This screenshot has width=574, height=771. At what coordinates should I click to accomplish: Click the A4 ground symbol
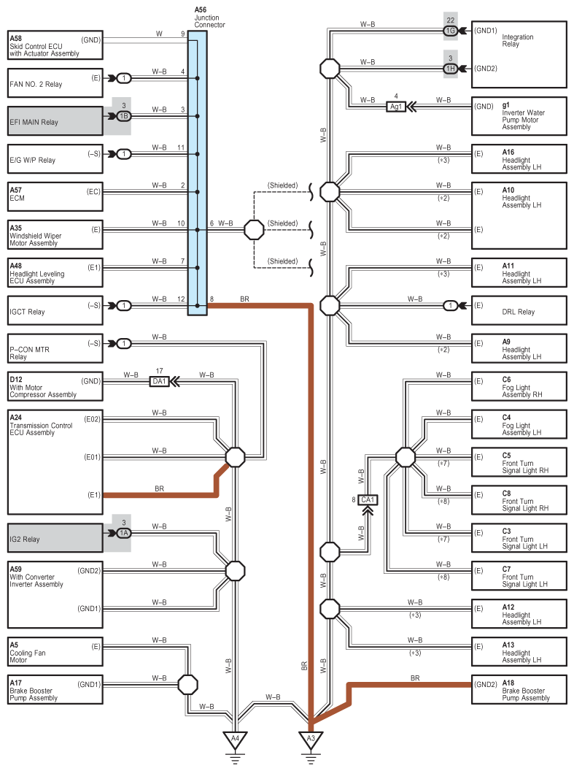click(x=235, y=743)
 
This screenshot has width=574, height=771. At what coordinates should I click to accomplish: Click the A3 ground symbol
click(x=311, y=743)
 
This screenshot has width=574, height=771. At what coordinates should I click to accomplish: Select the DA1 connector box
click(x=159, y=381)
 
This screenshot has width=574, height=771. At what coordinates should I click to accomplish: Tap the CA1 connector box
click(x=368, y=500)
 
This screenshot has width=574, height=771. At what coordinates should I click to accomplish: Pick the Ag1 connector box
click(x=396, y=107)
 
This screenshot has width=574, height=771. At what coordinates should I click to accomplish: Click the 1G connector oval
click(x=450, y=31)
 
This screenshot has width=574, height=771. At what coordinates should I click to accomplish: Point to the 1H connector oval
click(x=450, y=69)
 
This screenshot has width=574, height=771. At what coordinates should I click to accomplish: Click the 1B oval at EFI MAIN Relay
click(x=124, y=116)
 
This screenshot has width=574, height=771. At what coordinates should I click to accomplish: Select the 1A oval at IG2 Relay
click(x=124, y=533)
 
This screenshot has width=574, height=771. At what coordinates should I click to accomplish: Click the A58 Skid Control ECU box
click(x=55, y=46)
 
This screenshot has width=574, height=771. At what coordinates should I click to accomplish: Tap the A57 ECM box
click(x=55, y=197)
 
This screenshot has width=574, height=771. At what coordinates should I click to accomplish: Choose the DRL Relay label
click(x=518, y=312)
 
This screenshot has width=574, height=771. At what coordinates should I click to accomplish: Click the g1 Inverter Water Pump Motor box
click(x=519, y=116)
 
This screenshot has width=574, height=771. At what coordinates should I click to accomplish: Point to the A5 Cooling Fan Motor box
click(x=55, y=652)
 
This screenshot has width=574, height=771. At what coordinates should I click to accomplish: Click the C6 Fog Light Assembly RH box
click(x=519, y=386)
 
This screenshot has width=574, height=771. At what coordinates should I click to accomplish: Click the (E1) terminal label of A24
click(x=94, y=495)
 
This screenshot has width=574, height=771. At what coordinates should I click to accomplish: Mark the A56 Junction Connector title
click(x=209, y=18)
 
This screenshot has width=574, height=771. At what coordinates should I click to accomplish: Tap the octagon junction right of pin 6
click(x=254, y=230)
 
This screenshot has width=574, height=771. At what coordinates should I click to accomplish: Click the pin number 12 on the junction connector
click(x=181, y=299)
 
